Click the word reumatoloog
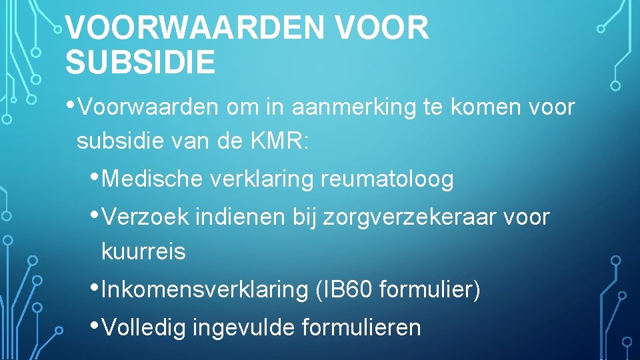coord(387,179)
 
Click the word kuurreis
coord(143,252)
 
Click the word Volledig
coord(145,328)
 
